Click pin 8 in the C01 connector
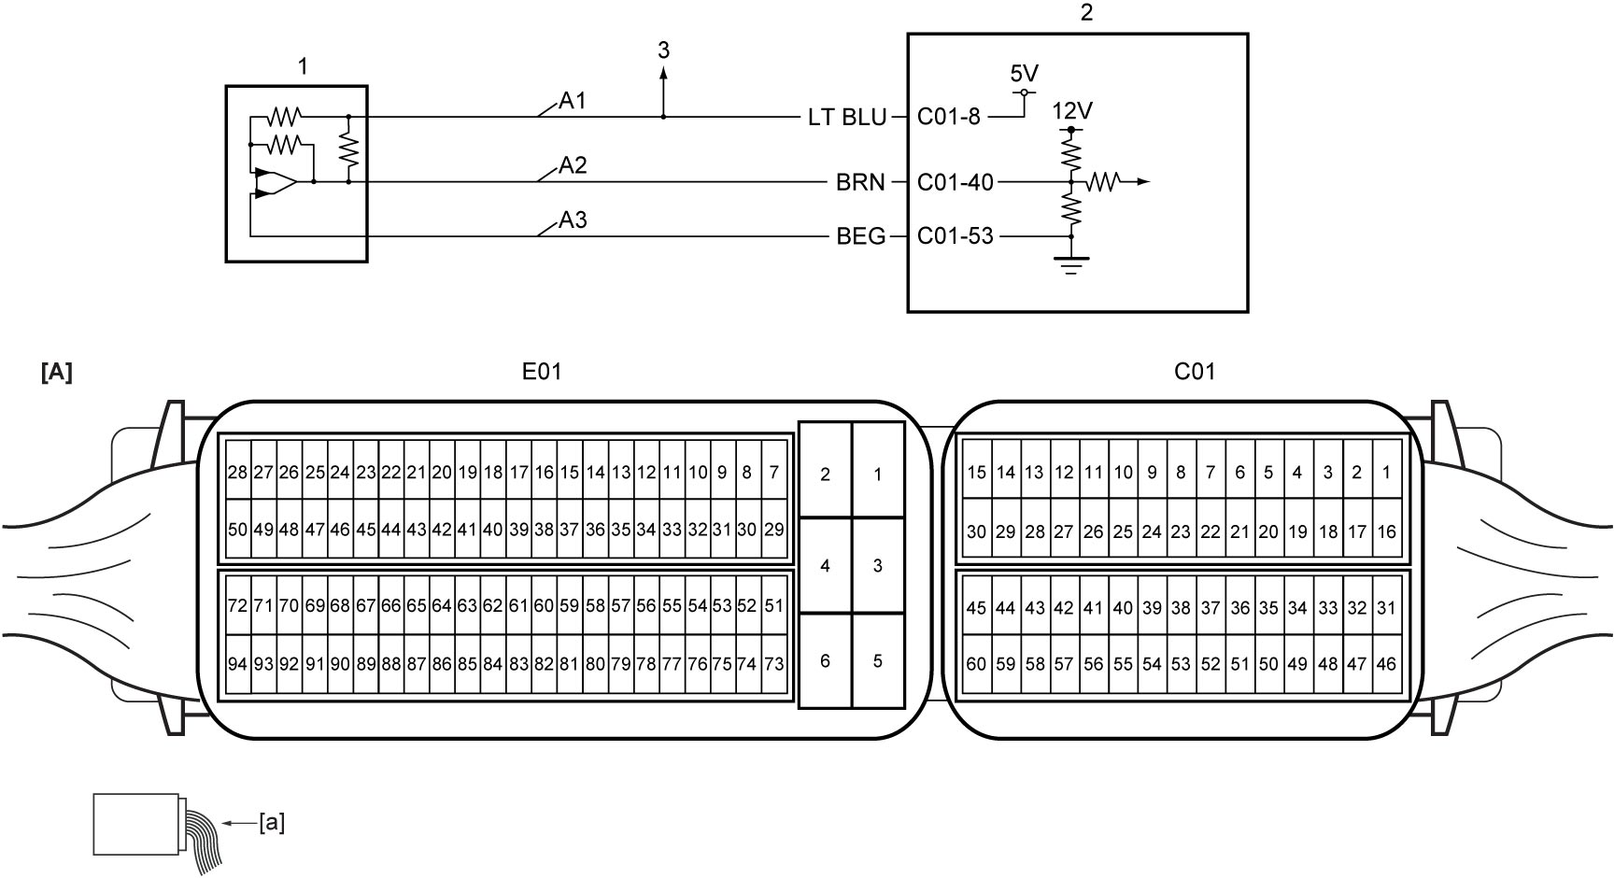[1181, 473]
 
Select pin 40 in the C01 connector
[1123, 608]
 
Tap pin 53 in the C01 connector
[1181, 664]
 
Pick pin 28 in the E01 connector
[238, 473]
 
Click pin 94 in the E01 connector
[238, 664]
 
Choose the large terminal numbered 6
[825, 661]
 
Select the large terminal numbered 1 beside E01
[878, 474]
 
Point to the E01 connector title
[542, 372]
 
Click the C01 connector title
[1195, 372]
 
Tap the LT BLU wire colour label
[846, 118]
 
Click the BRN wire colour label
[860, 182]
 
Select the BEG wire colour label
[861, 236]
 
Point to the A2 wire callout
[573, 166]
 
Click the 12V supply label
[1072, 111]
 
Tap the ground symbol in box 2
[1071, 264]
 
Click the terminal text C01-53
[956, 236]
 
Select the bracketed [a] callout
[272, 823]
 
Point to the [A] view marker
[57, 373]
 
